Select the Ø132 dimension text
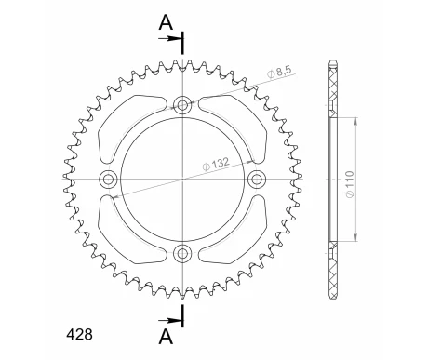219,162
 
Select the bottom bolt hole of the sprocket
183,254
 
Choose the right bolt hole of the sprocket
259,179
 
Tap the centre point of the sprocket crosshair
183,179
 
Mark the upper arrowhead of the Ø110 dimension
355,122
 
